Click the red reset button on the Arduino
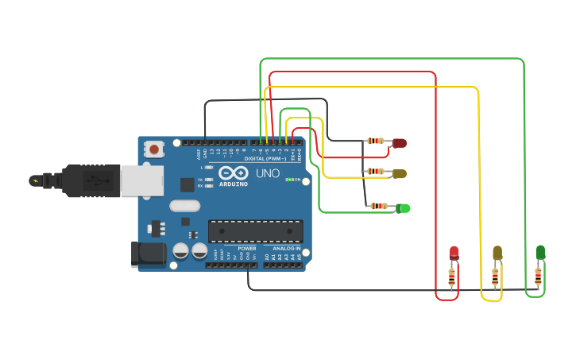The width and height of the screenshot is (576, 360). point(153,148)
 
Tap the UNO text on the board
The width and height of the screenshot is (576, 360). point(267,173)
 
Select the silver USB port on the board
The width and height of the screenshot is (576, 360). point(143,180)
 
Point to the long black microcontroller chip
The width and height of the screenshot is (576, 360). point(255,231)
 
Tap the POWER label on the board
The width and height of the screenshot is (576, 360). point(247,248)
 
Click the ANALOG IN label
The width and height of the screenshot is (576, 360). point(287,248)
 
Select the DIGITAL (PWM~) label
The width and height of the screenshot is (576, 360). point(266,158)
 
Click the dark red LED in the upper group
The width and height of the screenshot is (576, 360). point(399,143)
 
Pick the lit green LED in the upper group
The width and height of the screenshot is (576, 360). point(404,207)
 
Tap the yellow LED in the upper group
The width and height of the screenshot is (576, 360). point(399,173)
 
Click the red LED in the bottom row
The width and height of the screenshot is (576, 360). point(454,253)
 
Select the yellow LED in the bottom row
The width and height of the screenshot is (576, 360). point(497,253)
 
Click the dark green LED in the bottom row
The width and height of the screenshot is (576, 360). point(540,252)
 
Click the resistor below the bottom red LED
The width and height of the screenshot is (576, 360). point(452,277)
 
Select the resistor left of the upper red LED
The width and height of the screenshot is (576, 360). point(375,141)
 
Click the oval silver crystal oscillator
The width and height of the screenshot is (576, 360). point(184,206)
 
